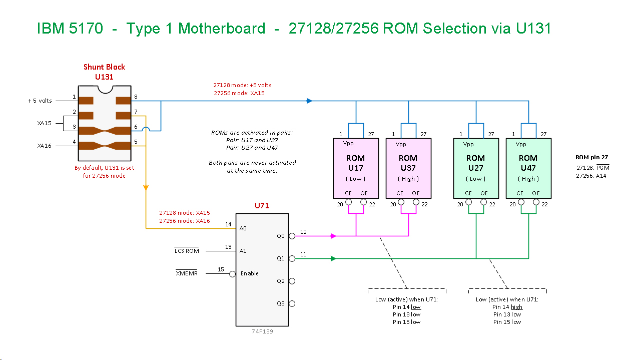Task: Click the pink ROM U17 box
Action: pos(355,168)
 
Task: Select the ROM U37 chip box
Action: pos(408,168)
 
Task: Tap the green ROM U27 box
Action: pos(475,168)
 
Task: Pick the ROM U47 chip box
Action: pos(528,168)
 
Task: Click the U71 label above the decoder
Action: pos(262,206)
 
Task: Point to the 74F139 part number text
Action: pos(262,331)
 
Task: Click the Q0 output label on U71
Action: pos(281,235)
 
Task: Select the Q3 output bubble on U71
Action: pos(292,303)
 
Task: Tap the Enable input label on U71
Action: pos(250,273)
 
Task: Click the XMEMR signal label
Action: pos(186,273)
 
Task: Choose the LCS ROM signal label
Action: pos(186,251)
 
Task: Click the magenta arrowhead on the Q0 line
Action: pos(333,235)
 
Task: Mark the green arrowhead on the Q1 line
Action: pos(333,258)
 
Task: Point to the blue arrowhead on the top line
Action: pos(309,101)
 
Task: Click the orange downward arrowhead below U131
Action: pos(146,188)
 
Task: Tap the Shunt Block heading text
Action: pos(104,67)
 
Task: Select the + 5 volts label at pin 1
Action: pos(40,101)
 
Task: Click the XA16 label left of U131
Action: pos(44,146)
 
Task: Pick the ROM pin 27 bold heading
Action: pos(591,157)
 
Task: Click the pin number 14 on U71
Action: pos(228,224)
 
